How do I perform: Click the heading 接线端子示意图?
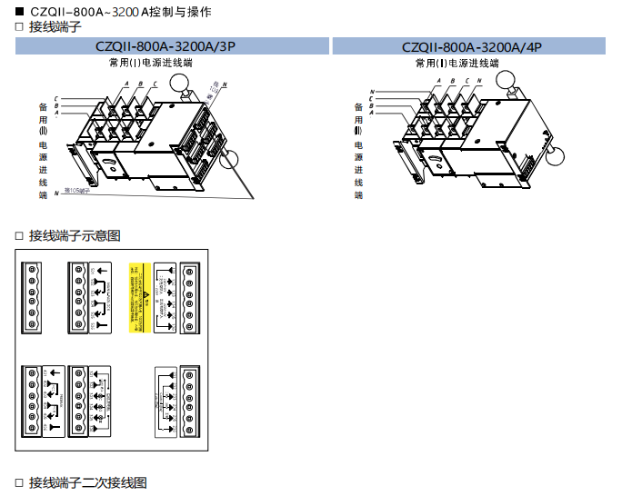click(75, 236)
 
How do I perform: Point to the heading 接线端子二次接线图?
click(87, 482)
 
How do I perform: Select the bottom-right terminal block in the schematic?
click(192, 400)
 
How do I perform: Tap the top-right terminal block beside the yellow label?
click(192, 298)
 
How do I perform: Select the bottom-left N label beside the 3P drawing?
click(56, 193)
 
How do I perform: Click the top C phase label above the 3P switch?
click(155, 84)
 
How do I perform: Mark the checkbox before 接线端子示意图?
click(18, 236)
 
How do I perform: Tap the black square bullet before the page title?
click(18, 11)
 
